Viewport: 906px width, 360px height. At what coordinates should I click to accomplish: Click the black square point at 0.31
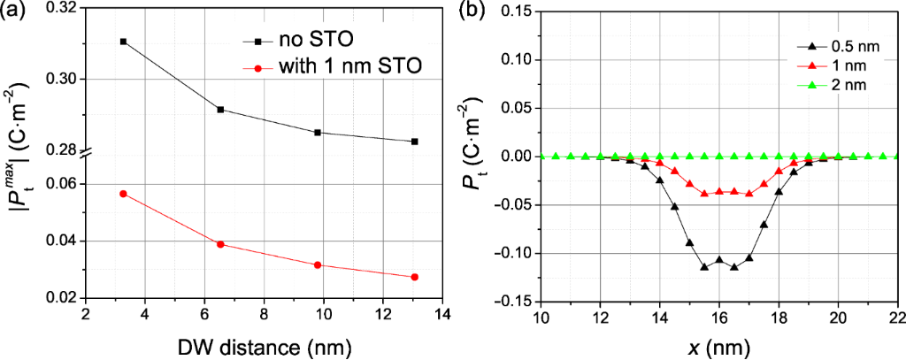point(123,42)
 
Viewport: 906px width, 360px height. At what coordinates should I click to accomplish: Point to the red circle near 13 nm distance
point(414,277)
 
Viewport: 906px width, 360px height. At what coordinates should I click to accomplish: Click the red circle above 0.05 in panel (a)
point(123,194)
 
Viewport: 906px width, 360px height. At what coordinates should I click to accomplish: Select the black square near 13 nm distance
point(414,142)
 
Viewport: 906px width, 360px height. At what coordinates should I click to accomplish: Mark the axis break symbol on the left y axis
point(85,156)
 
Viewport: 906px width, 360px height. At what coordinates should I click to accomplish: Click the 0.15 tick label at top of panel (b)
point(512,11)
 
